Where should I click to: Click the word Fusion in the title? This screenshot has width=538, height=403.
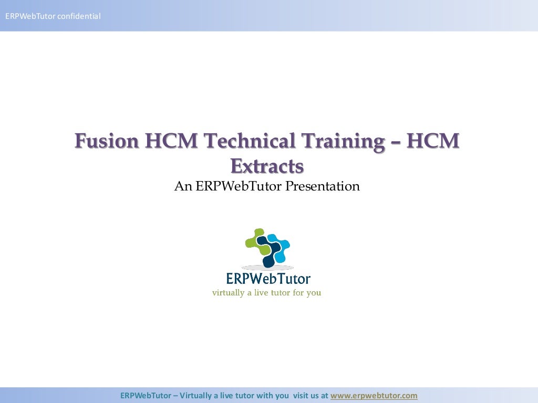(x=107, y=141)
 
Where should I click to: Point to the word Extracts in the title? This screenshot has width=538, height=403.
(x=267, y=166)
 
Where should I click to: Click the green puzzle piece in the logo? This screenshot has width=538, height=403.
(x=255, y=239)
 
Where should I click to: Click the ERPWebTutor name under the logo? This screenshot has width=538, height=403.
(x=267, y=278)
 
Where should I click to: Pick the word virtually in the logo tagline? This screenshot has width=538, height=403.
(x=228, y=293)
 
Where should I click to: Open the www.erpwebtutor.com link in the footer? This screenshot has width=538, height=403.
(x=374, y=396)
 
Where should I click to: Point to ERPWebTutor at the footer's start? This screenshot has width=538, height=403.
(x=146, y=396)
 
